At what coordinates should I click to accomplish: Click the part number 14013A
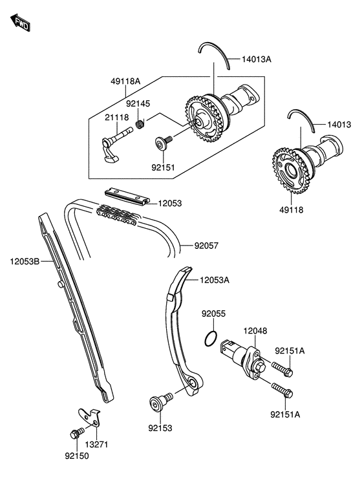257,59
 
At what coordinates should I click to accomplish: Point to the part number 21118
118,117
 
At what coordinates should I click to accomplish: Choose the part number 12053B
25,262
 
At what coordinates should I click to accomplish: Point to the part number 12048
255,330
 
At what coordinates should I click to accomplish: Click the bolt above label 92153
157,403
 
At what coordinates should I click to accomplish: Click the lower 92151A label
286,415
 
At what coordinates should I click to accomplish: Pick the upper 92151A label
290,351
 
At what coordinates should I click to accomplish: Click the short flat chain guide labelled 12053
127,195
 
